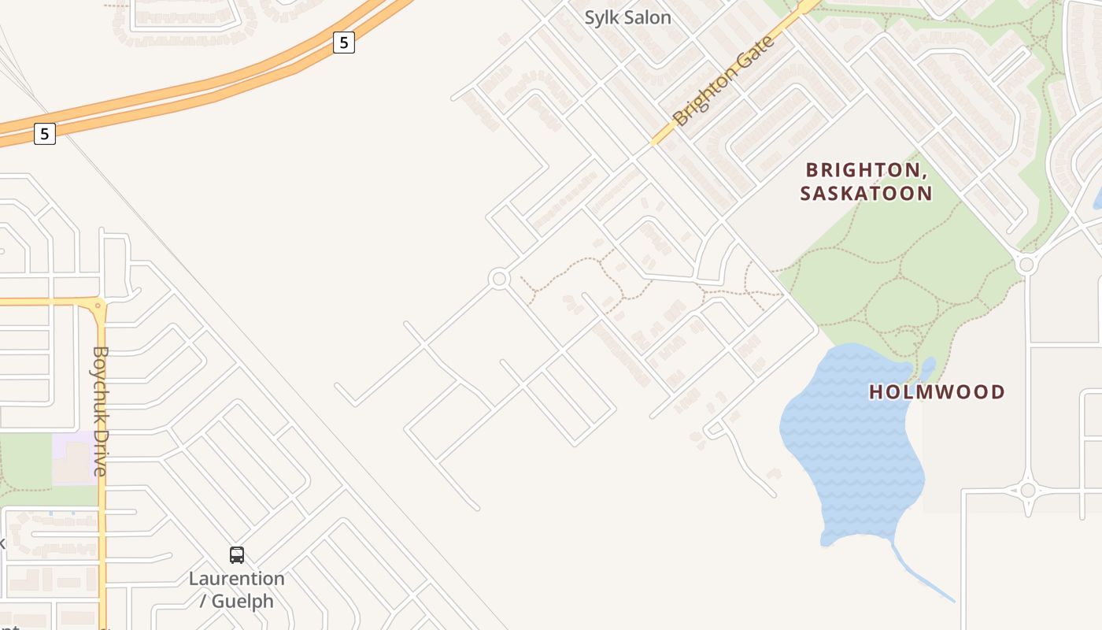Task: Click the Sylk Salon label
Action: [x=627, y=17]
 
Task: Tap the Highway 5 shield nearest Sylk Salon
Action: [x=343, y=43]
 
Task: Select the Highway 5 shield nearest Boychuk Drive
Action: [x=45, y=134]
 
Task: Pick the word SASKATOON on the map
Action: [x=866, y=193]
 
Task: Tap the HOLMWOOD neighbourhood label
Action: [x=937, y=391]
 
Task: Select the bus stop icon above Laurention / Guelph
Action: [x=237, y=555]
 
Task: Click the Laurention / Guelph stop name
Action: [x=237, y=590]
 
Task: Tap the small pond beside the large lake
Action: [x=929, y=368]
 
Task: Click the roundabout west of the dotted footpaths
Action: [x=498, y=279]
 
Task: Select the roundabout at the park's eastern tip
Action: [x=1025, y=265]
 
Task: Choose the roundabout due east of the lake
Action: [x=1027, y=491]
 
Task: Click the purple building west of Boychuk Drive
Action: [x=74, y=458]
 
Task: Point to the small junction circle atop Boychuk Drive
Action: [x=99, y=304]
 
